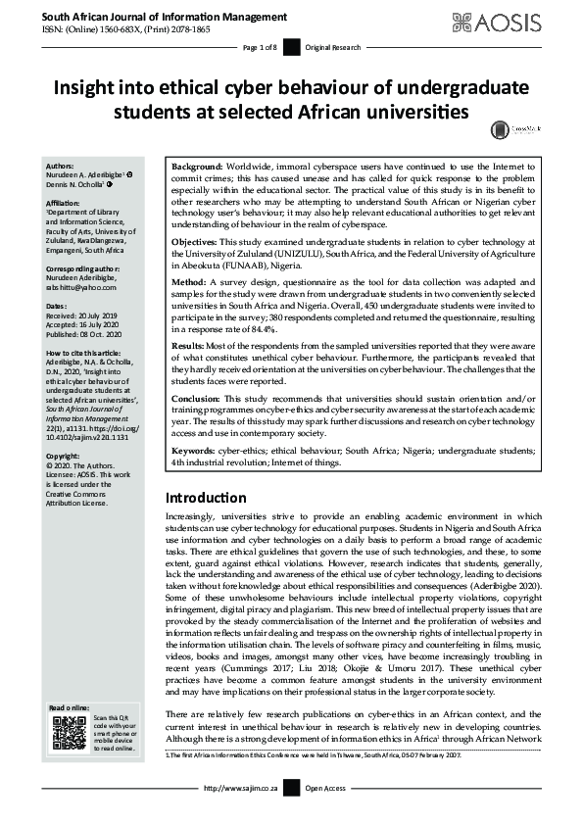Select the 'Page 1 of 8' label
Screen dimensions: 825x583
tap(261, 48)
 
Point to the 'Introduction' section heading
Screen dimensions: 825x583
tap(206, 497)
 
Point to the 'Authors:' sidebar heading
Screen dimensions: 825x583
tap(61, 167)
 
